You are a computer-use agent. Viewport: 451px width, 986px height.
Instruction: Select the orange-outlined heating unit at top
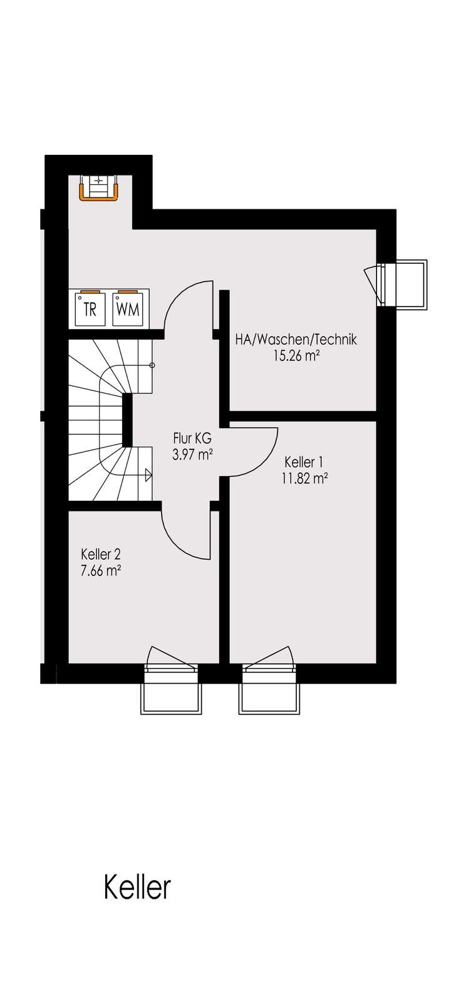click(x=99, y=187)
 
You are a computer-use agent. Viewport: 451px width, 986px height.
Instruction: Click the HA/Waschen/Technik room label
click(x=296, y=340)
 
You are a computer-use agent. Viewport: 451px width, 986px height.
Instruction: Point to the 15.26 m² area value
click(x=296, y=356)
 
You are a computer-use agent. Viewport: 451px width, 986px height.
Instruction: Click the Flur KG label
click(x=192, y=439)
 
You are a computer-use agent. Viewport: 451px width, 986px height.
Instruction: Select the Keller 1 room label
click(x=304, y=463)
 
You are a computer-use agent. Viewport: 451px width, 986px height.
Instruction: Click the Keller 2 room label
click(x=100, y=554)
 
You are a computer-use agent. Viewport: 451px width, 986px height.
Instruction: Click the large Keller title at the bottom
click(x=137, y=888)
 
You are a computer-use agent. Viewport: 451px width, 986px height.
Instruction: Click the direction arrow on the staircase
click(x=148, y=475)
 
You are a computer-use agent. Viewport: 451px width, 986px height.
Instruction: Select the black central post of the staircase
click(x=127, y=420)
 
